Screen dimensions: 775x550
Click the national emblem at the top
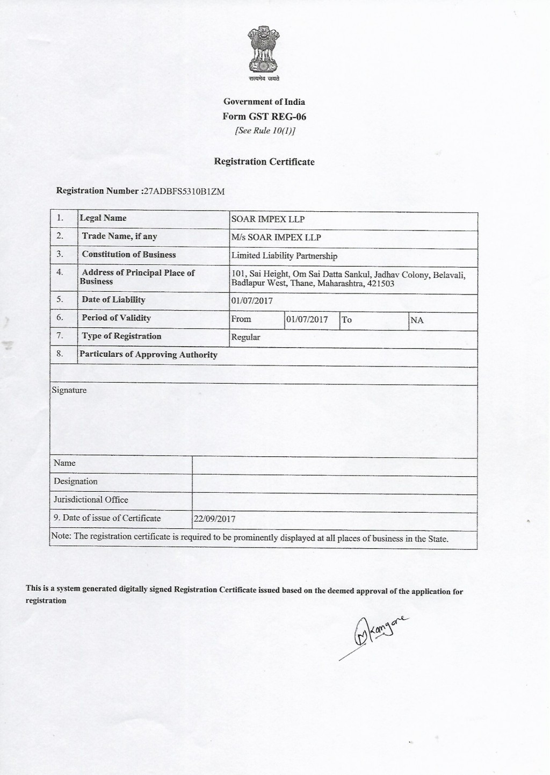coord(263,51)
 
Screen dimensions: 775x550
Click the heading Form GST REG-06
coord(264,117)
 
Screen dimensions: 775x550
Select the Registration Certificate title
coord(264,162)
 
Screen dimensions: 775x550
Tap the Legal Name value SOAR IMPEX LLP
coord(267,219)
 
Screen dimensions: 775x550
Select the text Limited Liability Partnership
coord(284,256)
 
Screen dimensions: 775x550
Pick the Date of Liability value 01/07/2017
coord(252,301)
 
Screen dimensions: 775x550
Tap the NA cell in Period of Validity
coord(417,320)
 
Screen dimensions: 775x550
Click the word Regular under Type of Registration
coord(245,338)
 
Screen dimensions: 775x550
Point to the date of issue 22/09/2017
coord(214,519)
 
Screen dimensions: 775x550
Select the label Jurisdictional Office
coord(91,500)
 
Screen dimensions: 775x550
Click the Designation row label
coord(76,482)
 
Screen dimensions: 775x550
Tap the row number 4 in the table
coord(60,272)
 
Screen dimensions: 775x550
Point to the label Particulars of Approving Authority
coord(148,355)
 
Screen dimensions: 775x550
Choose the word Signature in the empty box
coord(69,390)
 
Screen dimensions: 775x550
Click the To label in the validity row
coord(347,320)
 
